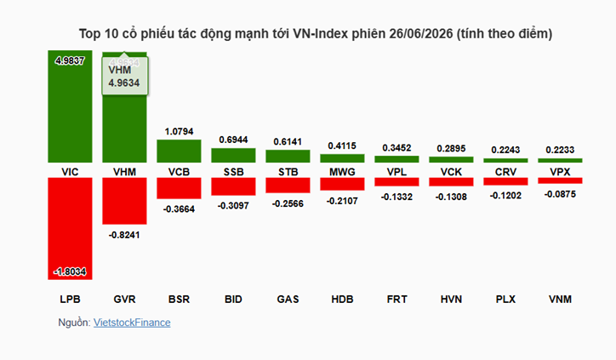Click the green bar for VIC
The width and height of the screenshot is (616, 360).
pos(70,106)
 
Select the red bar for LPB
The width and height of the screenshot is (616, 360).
pos(70,228)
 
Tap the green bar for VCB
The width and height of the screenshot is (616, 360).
pos(179,151)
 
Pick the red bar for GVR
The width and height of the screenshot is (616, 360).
pos(124,201)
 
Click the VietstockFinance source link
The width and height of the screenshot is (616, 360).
pos(132,323)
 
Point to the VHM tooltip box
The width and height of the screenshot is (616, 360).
pos(125,77)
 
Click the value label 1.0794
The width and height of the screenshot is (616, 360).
pos(179,131)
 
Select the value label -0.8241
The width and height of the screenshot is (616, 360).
pos(124,235)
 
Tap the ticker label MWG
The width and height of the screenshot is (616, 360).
pos(342,172)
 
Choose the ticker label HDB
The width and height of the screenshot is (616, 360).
pos(342,299)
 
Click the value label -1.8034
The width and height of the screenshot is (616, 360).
pos(70,271)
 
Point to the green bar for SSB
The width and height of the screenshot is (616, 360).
pos(233,155)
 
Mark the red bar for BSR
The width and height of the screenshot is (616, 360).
pos(179,188)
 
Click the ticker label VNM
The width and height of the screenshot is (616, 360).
pos(560,299)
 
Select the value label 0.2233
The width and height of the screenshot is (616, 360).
pos(560,150)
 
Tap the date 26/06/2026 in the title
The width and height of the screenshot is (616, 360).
pos(421,34)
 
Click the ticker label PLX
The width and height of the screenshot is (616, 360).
pos(505,299)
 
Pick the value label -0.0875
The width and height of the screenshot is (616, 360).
pos(560,194)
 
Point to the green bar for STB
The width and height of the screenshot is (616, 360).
pos(288,156)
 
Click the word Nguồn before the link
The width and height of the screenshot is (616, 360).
pos(74,323)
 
